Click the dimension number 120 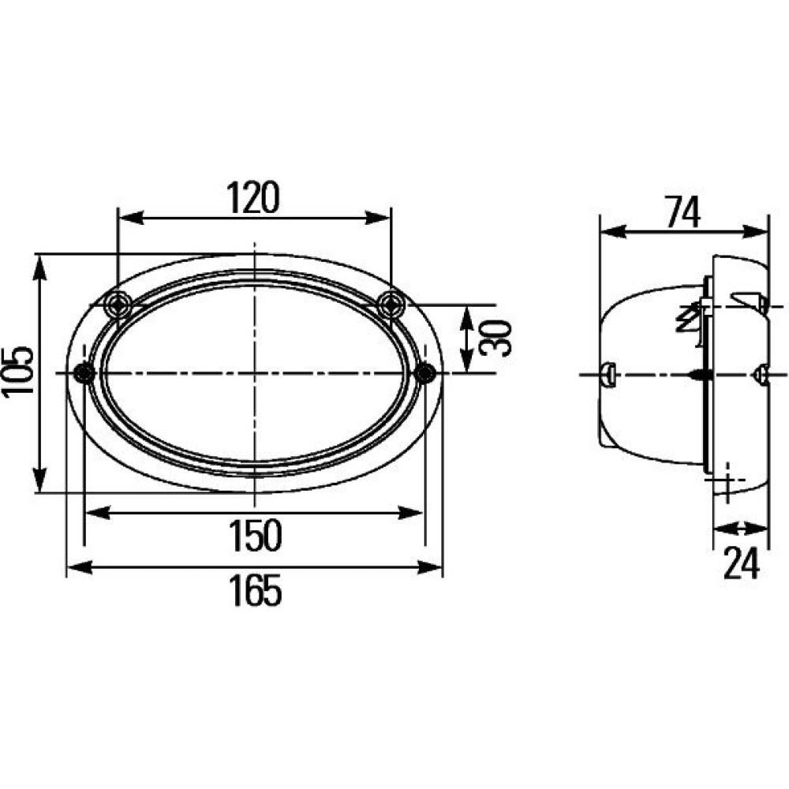(x=252, y=197)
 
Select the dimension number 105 (x=18, y=372)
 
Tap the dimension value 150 (x=255, y=536)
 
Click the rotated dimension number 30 (x=495, y=338)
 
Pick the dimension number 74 (x=682, y=211)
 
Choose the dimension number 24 (x=741, y=563)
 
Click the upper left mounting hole (x=118, y=304)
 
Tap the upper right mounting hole (x=391, y=304)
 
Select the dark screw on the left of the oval (x=84, y=373)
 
